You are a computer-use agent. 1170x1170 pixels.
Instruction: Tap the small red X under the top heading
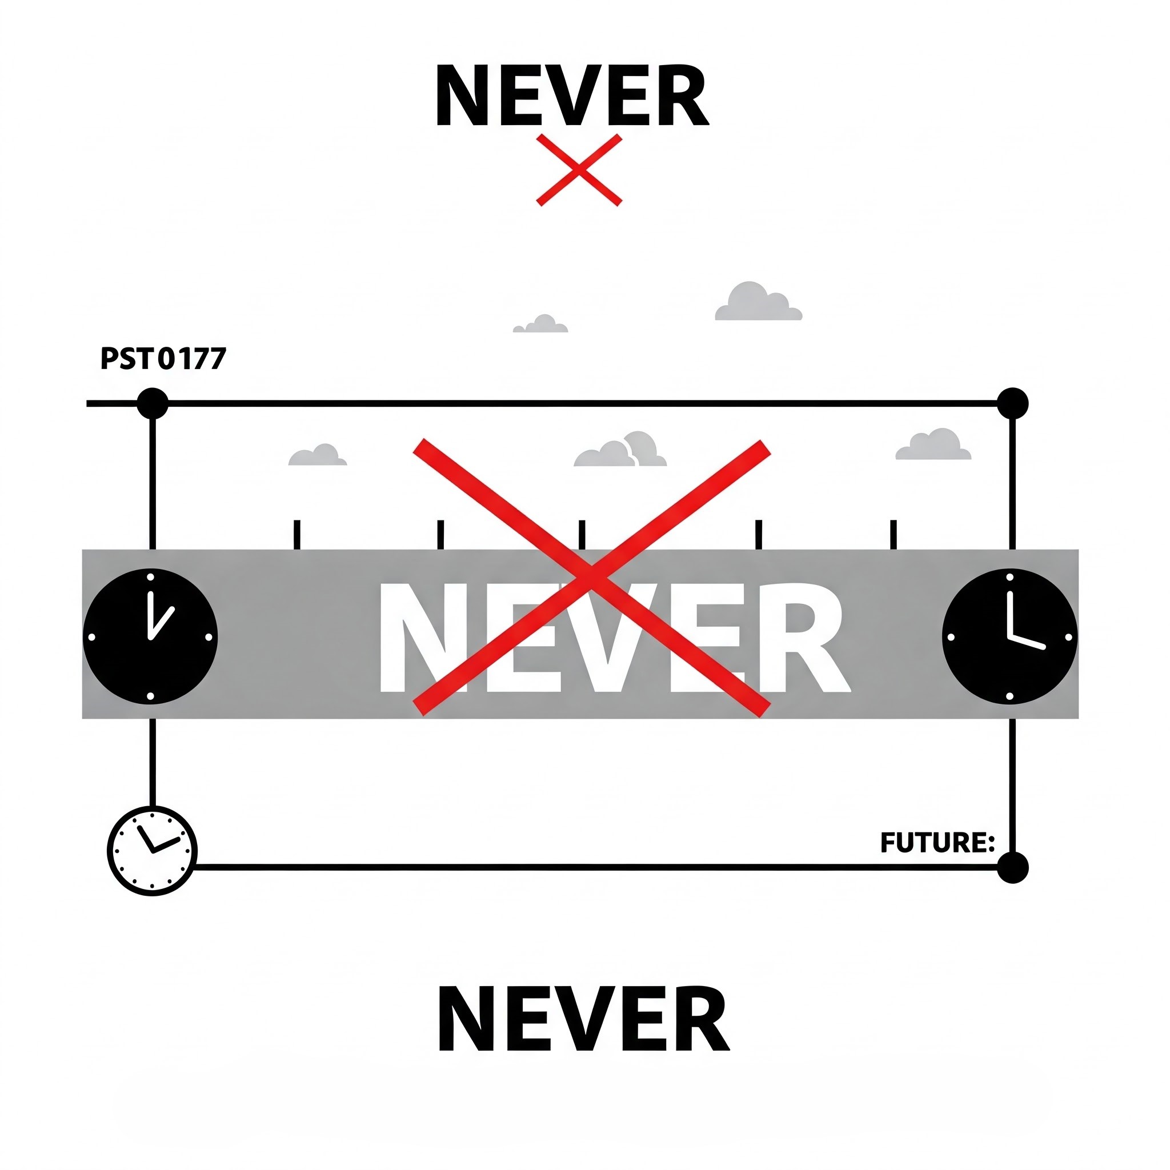[579, 170]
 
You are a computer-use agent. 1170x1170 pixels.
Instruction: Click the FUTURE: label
[937, 843]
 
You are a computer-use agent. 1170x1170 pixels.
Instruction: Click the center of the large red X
[592, 577]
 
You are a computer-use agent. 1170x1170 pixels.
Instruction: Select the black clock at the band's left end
[150, 636]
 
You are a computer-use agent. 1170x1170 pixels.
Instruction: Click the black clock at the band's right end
[1009, 636]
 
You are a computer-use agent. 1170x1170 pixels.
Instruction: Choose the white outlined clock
[152, 850]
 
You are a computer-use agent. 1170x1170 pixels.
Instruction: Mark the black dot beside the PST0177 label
[153, 403]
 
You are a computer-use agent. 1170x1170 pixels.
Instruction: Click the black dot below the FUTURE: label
[1012, 867]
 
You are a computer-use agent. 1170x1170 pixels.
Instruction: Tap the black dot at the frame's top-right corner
[1012, 403]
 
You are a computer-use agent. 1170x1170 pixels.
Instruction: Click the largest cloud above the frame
[758, 302]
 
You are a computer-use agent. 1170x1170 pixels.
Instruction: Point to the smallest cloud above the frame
[541, 324]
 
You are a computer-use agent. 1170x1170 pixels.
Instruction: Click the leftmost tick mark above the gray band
[296, 534]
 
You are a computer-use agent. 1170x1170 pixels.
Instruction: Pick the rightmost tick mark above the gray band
[893, 534]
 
